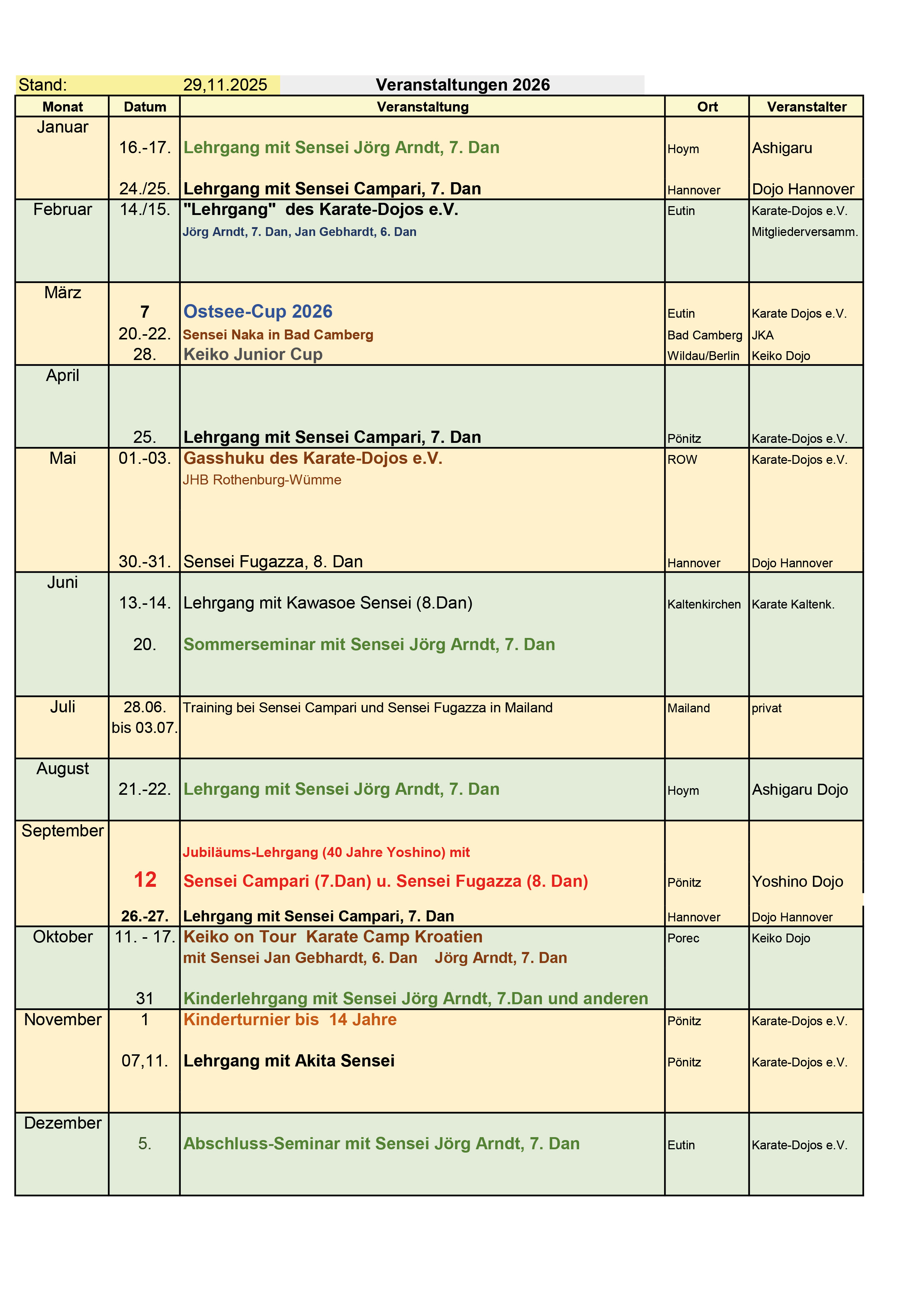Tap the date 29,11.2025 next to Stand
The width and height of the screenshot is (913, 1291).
[225, 85]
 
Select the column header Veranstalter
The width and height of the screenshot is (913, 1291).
[806, 107]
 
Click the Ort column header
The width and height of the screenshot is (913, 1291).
[707, 107]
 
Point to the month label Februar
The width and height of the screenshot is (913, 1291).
[63, 210]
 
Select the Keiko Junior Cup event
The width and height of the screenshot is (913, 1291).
[253, 354]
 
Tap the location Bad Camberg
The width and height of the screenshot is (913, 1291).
[704, 335]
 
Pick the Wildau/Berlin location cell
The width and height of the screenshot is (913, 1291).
[703, 356]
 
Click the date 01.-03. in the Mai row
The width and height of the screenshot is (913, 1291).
[144, 458]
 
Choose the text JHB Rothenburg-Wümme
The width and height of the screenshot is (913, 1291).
[262, 480]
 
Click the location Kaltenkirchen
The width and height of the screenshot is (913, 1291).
[704, 604]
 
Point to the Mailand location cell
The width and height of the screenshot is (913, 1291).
[689, 708]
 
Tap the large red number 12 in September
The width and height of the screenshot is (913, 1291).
[145, 879]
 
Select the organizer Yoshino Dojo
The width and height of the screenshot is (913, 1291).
[797, 881]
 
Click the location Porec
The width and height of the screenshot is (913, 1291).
[683, 938]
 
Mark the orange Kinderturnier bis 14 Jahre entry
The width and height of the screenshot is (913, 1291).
[290, 1019]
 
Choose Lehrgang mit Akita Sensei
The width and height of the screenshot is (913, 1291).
[289, 1061]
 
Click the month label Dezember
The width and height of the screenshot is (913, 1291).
[63, 1123]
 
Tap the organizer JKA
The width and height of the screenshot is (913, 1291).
[762, 335]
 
